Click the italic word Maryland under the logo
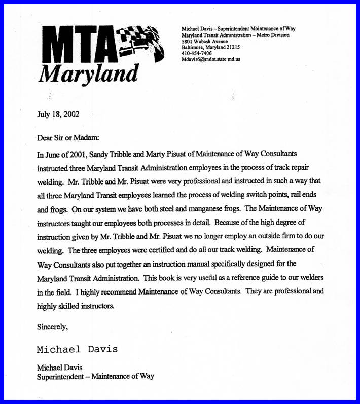point(88,74)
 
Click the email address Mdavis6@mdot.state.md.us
point(210,59)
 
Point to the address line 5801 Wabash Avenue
point(205,41)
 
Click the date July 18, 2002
point(58,114)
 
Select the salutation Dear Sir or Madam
point(68,137)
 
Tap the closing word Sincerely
point(52,327)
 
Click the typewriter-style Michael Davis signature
point(77,349)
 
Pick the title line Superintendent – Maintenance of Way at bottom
point(95,376)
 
